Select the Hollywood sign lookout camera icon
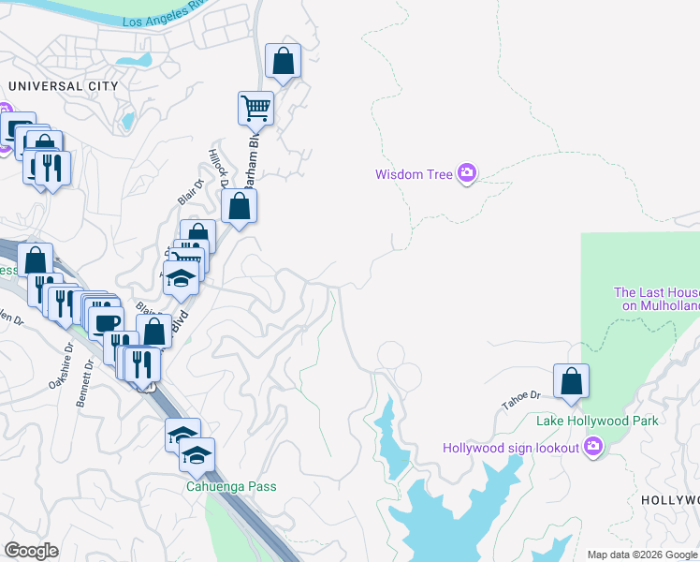click(x=591, y=447)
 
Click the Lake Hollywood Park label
click(x=597, y=421)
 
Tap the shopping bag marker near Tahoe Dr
click(x=571, y=382)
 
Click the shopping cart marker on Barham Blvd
click(x=255, y=109)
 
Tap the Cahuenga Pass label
click(x=230, y=487)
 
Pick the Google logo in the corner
click(x=31, y=551)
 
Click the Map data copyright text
click(x=642, y=555)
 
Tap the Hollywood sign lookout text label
click(x=511, y=448)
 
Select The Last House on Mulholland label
click(x=656, y=299)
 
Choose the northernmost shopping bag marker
click(x=283, y=63)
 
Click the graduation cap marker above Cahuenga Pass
click(x=197, y=456)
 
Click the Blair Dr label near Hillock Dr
click(x=191, y=192)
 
